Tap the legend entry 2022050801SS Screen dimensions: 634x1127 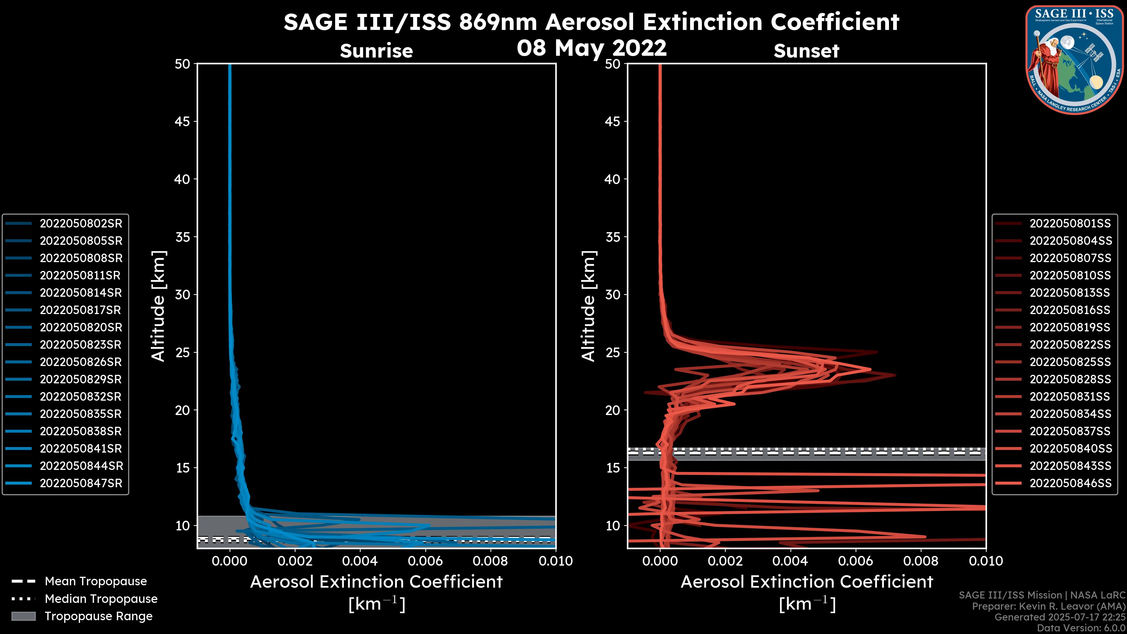(x=1070, y=224)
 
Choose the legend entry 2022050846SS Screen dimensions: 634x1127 (x=1070, y=483)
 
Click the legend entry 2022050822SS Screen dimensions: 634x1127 (x=1070, y=345)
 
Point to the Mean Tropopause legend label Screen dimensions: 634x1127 (x=96, y=581)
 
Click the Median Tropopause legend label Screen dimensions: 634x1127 (x=101, y=599)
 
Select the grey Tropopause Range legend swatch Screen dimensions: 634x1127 (x=23, y=616)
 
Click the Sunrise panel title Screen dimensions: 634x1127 (x=376, y=51)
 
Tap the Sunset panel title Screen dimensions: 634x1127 (x=806, y=51)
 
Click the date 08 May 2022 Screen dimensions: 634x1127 (x=591, y=48)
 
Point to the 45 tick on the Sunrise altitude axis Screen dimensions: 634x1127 (x=183, y=122)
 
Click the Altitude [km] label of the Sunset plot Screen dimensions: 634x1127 (x=588, y=306)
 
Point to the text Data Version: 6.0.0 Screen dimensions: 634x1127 (x=1082, y=628)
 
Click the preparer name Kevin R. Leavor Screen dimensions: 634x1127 (x=1056, y=606)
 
